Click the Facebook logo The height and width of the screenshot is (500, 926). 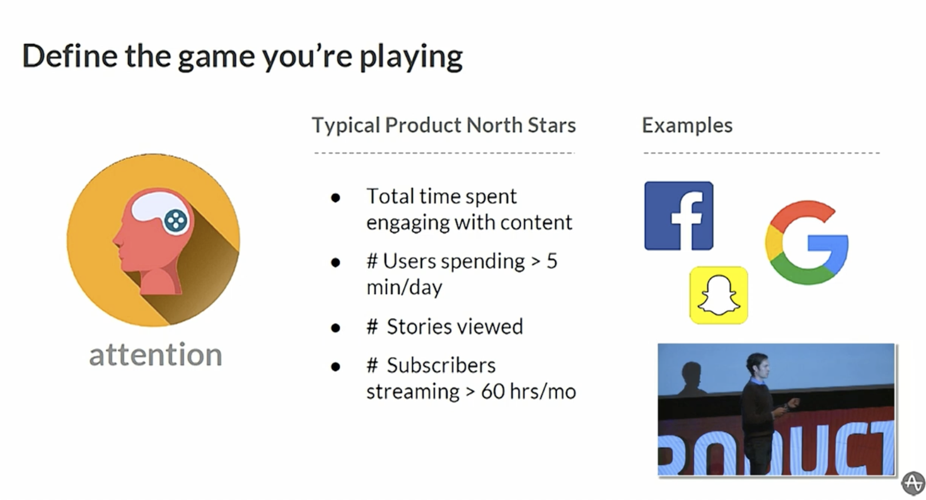tap(679, 216)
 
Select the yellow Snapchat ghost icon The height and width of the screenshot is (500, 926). tap(719, 295)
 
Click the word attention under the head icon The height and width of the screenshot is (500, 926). tap(156, 355)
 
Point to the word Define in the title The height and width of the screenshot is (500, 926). tap(70, 55)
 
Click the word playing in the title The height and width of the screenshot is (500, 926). tap(411, 58)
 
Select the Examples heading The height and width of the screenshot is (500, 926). tap(687, 125)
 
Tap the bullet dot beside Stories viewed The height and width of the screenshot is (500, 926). tap(336, 328)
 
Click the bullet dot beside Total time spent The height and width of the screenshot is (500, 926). tap(336, 198)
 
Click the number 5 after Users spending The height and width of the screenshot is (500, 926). tap(552, 261)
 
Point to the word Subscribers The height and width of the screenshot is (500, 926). tap(441, 366)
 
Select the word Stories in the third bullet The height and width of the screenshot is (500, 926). tap(419, 327)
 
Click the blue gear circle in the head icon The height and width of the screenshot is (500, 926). tap(175, 221)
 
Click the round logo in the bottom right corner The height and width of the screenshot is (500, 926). tap(913, 483)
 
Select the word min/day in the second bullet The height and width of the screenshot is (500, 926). tap(404, 287)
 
